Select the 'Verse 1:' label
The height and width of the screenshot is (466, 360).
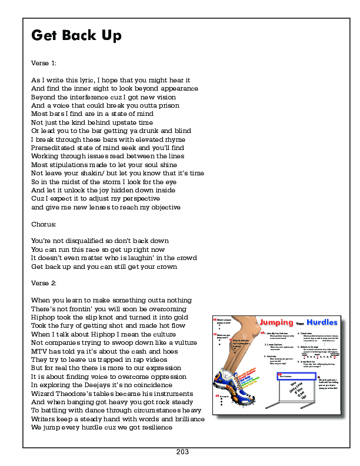pyautogui.click(x=44, y=62)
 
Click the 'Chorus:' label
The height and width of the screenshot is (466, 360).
pyautogui.click(x=44, y=224)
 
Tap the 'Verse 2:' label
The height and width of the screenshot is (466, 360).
pyautogui.click(x=44, y=284)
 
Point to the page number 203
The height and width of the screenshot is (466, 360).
pyautogui.click(x=182, y=452)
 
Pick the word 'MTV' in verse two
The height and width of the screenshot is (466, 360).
pyautogui.click(x=39, y=351)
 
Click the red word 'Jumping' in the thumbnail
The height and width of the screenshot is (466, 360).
pyautogui.click(x=277, y=323)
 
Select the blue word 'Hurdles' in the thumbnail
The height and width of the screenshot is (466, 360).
pyautogui.click(x=322, y=323)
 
